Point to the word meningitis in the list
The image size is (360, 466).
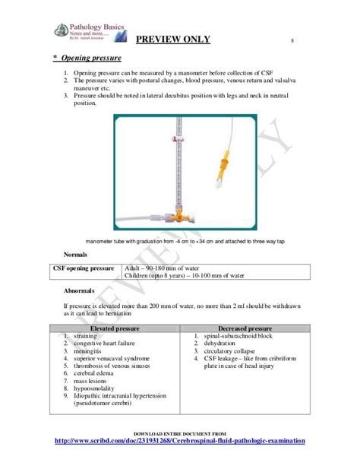point(90,351)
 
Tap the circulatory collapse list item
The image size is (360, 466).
point(236,351)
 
